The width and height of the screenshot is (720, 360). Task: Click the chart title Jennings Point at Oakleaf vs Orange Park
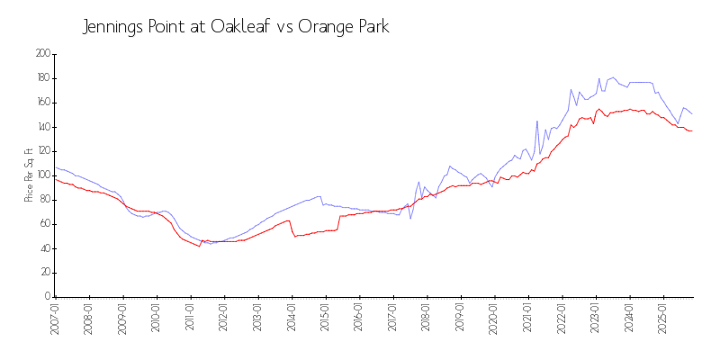tap(236, 26)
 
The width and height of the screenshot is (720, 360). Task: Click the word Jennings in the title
tap(112, 27)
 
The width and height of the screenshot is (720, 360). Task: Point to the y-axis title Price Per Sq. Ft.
tap(29, 175)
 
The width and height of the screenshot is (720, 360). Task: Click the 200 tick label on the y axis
tap(42, 54)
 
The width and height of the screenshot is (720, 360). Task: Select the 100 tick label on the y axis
tap(42, 175)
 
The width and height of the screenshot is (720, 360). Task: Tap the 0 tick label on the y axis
tap(48, 297)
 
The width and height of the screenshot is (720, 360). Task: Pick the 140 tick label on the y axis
tap(42, 127)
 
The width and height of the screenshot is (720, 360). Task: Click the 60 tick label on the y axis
tap(44, 224)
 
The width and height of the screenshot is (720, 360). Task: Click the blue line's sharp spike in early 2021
tap(537, 121)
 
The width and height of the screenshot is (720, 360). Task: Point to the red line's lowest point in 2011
tap(200, 247)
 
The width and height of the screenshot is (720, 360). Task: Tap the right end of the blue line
tap(691, 113)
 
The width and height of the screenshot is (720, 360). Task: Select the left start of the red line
tap(55, 178)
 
